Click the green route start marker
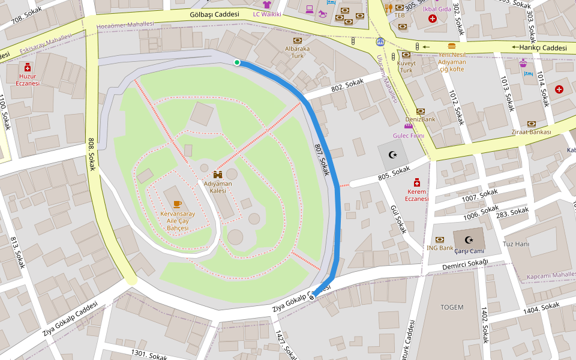[x=237, y=62]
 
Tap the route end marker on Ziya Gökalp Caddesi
[x=312, y=296]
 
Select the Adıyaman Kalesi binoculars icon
[x=218, y=174]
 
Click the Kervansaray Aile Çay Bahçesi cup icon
[x=177, y=204]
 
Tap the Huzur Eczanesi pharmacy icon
[x=28, y=68]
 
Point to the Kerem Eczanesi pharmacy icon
[x=416, y=182]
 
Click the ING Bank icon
[x=440, y=239]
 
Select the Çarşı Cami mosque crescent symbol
[x=469, y=239]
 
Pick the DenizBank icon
[x=420, y=111]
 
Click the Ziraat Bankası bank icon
[x=531, y=124]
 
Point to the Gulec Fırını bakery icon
[x=408, y=126]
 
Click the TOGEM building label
[x=452, y=307]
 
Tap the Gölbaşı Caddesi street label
[x=214, y=14]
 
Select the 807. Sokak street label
[x=322, y=159]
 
